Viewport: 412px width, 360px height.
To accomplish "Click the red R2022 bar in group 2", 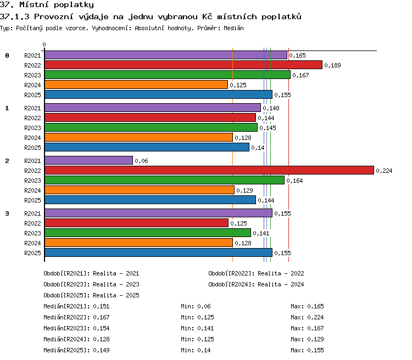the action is pos(209,170).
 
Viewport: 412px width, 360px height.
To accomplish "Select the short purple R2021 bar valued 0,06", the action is pos(88,160).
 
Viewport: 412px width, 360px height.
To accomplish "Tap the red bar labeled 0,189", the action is pos(183,65).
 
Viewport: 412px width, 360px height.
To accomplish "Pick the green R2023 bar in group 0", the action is pos(168,75).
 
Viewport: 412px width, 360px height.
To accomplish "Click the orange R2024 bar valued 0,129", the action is pos(140,190).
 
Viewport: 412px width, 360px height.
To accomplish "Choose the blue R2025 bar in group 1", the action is pos(147,147).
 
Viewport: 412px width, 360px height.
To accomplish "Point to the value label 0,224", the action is pos(384,171).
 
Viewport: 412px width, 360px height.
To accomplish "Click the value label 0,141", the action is pos(261,233).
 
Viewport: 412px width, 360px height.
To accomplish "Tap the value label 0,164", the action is pos(294,181).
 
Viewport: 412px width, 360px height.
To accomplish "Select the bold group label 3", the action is pos(7,213).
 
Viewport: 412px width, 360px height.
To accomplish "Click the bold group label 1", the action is pos(7,108).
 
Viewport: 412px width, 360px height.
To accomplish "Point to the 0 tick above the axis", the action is pos(44,44).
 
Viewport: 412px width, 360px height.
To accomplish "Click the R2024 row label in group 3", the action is pos(32,243).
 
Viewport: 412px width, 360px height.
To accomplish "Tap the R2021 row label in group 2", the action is pos(32,161).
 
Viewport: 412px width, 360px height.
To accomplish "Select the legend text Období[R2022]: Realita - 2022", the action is pos(256,274).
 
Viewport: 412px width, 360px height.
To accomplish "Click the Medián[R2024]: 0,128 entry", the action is pos(76,339).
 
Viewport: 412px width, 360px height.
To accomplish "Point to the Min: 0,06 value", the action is pos(196,306).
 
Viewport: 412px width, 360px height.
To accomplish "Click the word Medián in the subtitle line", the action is pos(233,28).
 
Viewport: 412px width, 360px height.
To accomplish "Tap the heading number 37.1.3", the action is pos(14,16).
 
